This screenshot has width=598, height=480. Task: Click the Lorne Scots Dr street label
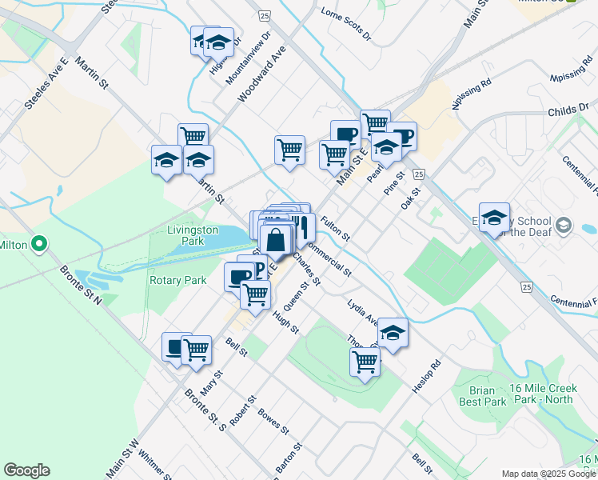(x=346, y=25)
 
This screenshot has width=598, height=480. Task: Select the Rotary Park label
(x=177, y=280)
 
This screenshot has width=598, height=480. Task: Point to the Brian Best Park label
(x=483, y=396)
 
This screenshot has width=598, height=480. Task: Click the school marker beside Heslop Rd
(x=393, y=332)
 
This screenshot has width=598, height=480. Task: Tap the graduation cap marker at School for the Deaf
(x=495, y=217)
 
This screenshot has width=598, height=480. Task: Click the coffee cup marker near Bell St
(x=176, y=348)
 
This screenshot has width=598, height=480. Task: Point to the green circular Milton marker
(x=38, y=245)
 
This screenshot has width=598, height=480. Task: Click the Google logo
(x=26, y=470)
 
